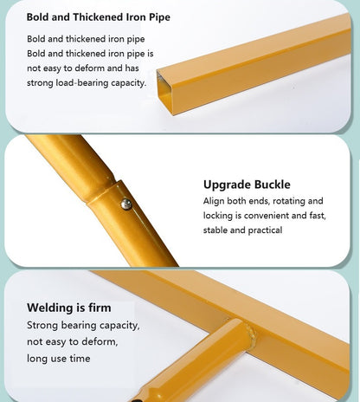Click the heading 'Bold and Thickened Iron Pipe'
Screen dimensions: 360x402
click(98, 17)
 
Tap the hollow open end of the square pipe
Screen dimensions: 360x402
click(165, 92)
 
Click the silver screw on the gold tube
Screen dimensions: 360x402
click(126, 204)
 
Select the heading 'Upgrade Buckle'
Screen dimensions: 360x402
click(247, 185)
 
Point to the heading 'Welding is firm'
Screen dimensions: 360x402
click(69, 308)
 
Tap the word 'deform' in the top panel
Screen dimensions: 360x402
click(89, 68)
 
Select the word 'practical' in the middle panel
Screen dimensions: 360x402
click(265, 230)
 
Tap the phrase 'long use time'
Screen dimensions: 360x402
click(59, 359)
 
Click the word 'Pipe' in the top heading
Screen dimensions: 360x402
click(159, 17)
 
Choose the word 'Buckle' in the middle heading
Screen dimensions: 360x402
click(272, 185)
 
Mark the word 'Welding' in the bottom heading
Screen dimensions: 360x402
click(48, 308)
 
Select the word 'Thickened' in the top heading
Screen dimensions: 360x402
click(98, 17)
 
